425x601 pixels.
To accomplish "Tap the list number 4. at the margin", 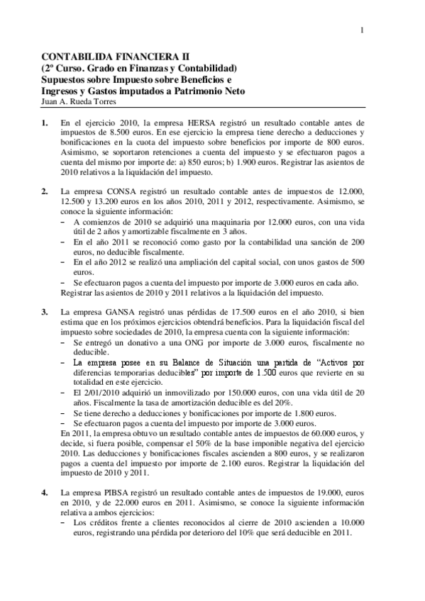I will [45, 491].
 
